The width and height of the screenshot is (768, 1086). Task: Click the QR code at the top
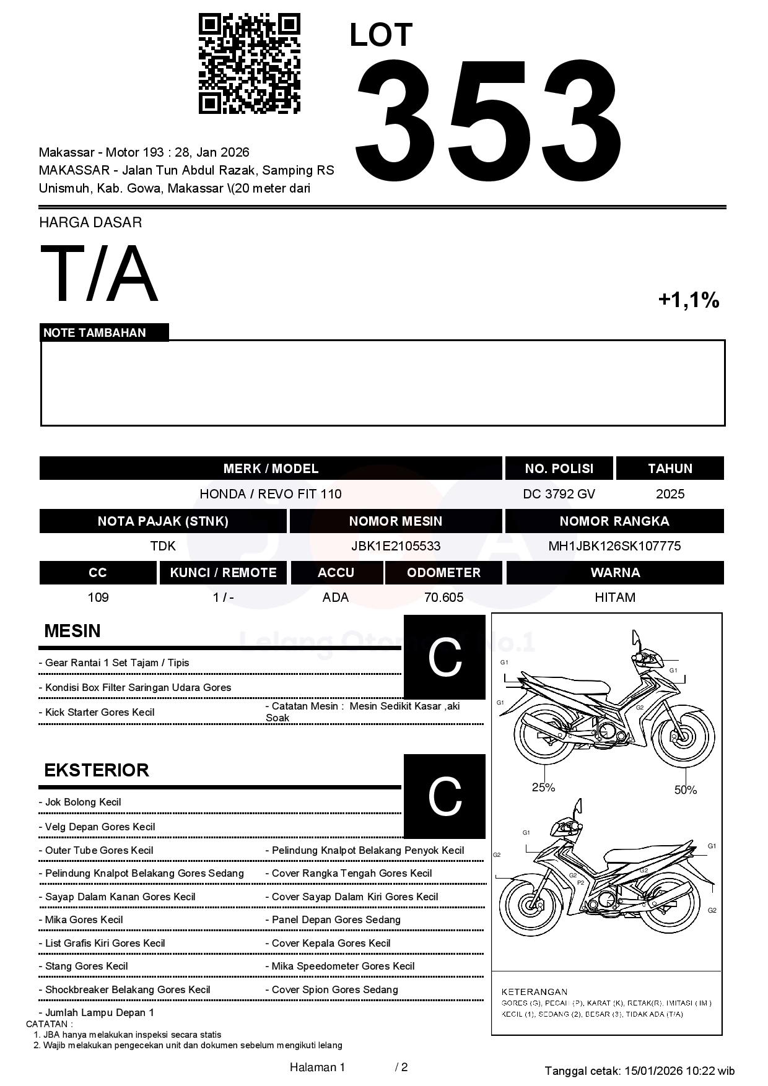coord(249,64)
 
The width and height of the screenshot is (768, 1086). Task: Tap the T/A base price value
coord(99,274)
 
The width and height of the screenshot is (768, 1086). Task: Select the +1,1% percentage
coord(688,300)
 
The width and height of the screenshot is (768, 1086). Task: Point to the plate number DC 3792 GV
coord(559,493)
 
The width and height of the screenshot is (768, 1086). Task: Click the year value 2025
coord(670,493)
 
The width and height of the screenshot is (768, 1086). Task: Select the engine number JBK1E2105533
coord(395,545)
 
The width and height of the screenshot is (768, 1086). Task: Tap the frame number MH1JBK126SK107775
coord(614,545)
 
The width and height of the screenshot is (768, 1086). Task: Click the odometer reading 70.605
coord(443,597)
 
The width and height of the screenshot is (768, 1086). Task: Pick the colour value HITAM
coord(614,597)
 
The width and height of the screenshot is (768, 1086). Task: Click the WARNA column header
coord(614,572)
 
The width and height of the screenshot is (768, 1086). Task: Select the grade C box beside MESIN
coord(444,657)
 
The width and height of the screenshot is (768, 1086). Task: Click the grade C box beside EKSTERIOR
coord(444,796)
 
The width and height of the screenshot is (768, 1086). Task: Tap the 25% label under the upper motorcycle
coord(543,788)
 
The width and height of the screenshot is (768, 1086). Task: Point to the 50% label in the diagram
coord(685,789)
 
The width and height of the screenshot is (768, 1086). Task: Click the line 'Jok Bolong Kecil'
coord(83,802)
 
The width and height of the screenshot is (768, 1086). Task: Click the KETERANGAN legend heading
coord(534,991)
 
